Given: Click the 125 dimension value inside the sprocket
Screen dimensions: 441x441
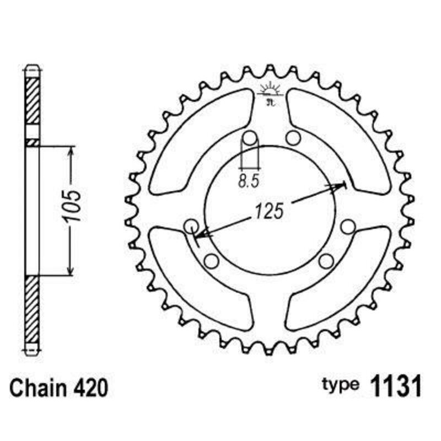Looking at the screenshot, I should click(x=268, y=211).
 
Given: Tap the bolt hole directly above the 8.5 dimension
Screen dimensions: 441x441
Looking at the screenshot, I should click(x=249, y=138).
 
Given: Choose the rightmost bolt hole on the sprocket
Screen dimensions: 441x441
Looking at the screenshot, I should click(x=347, y=227).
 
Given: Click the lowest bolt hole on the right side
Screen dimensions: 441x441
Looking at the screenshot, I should click(x=326, y=260).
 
